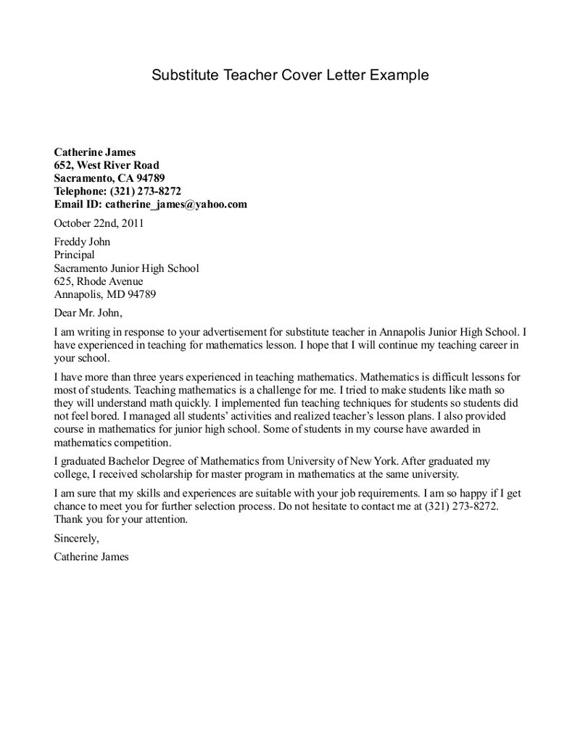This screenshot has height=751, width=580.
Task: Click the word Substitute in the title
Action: point(182,75)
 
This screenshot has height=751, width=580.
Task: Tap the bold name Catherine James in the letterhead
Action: point(95,152)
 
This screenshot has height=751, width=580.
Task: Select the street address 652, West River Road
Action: point(107,165)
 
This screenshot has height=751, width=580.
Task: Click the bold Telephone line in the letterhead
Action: point(117,191)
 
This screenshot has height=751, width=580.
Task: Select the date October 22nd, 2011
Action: point(99,223)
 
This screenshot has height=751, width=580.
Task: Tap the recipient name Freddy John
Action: point(82,242)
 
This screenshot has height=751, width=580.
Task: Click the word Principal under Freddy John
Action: point(75,255)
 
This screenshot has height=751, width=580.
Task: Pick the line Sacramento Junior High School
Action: point(126,268)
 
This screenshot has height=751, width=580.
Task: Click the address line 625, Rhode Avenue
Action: point(99,281)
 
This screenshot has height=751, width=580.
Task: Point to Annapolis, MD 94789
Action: point(105,294)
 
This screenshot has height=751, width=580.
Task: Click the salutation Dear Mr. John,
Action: point(89,313)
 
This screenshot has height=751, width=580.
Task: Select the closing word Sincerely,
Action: point(76,539)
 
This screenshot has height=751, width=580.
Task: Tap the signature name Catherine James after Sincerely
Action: point(91,557)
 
